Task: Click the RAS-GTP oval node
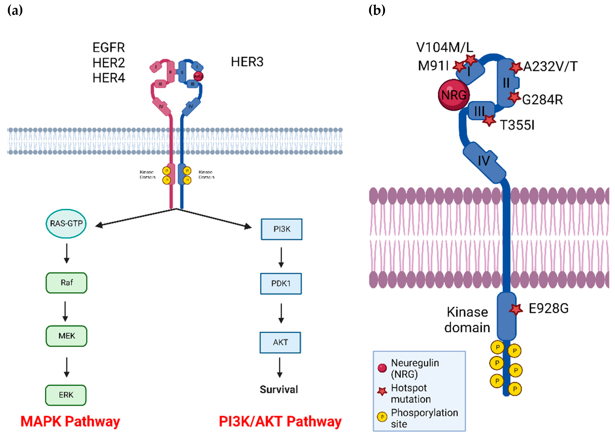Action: tap(66, 223)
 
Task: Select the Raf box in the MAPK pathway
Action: tap(66, 283)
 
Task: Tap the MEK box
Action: tap(66, 336)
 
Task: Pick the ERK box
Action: tap(66, 395)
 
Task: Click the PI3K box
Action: tap(281, 229)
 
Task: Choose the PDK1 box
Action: tap(281, 284)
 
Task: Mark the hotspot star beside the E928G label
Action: tap(516, 309)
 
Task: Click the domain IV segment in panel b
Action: tap(484, 161)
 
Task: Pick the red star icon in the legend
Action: tap(382, 391)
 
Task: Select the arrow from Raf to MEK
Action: tap(65, 311)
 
